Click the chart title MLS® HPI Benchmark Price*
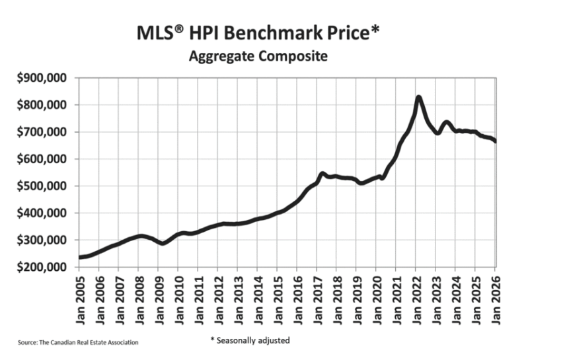[x=258, y=32]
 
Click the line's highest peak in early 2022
[x=418, y=98]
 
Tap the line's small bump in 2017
[x=322, y=174]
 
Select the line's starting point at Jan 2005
[x=79, y=257]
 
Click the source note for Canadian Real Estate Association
[x=78, y=343]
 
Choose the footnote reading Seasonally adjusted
[x=250, y=340]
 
